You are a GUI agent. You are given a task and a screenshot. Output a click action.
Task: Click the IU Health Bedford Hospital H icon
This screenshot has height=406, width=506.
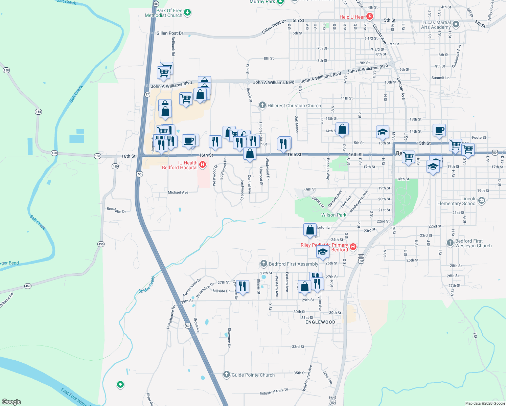tap(202, 165)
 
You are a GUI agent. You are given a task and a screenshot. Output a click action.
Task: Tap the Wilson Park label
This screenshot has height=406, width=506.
tap(333, 215)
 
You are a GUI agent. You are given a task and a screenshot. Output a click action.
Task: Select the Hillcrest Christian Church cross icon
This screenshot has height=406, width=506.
tap(262, 105)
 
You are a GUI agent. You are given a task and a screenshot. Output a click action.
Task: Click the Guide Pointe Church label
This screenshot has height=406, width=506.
tap(253, 375)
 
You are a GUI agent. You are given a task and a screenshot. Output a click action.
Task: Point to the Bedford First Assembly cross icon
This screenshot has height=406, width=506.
tap(264, 264)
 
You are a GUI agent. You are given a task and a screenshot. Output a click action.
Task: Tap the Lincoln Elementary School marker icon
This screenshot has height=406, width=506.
tap(482, 201)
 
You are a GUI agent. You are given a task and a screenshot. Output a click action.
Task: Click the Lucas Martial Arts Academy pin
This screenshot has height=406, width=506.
tap(456, 24)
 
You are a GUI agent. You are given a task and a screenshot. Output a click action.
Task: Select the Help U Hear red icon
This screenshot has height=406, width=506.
tap(369, 16)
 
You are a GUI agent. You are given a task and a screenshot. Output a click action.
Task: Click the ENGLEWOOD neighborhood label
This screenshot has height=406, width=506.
tap(320, 322)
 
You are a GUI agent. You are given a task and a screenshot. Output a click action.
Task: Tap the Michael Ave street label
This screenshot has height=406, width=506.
tap(178, 192)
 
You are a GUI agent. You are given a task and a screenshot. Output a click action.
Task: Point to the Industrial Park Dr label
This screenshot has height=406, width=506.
tap(274, 391)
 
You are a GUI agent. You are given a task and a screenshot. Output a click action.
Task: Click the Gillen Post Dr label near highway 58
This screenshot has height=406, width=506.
tap(170, 33)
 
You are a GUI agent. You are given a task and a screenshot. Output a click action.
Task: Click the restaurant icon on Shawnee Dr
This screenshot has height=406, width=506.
tap(242, 286)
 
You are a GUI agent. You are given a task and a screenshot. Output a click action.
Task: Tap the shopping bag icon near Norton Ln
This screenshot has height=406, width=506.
tap(310, 230)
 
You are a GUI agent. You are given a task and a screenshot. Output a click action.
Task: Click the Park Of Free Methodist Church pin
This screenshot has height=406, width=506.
tap(187, 13)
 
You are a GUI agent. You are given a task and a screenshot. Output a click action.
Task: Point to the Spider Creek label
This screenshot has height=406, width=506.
tap(146, 285)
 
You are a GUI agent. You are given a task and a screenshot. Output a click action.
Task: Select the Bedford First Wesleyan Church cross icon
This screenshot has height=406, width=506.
tap(450, 243)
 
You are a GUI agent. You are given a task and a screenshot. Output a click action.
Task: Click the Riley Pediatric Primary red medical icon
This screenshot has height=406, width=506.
tap(353, 247)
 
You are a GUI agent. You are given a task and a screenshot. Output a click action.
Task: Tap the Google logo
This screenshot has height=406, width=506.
tap(11, 402)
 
